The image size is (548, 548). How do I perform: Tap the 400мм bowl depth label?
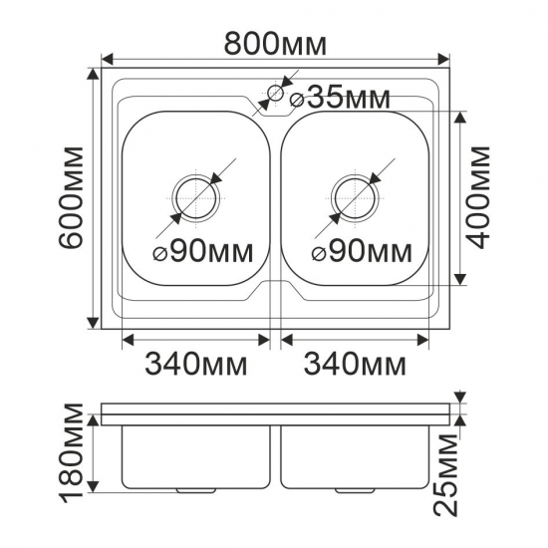click(481, 196)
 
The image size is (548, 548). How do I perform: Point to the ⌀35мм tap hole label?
click(340, 98)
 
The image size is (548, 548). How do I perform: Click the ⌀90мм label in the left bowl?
click(203, 251)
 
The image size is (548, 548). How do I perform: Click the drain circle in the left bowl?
click(195, 195)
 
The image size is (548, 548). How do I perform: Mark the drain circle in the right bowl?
click(354, 195)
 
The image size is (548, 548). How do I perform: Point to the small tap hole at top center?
click(274, 96)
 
